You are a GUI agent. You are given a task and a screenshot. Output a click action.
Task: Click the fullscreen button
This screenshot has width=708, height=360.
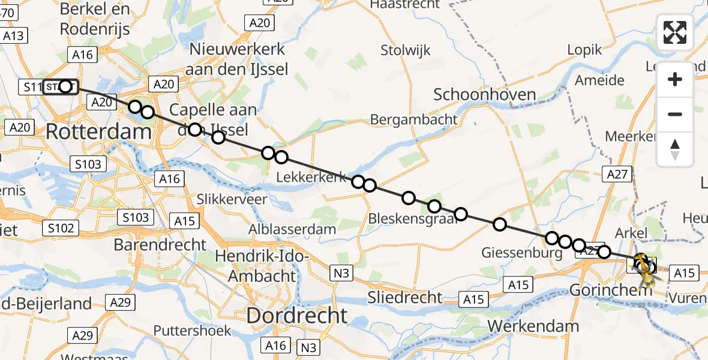pos(675,32)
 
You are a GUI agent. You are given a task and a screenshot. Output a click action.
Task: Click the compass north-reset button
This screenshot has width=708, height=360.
pos(675,149)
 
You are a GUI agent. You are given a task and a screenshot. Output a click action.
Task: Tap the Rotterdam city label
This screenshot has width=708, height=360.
pos(98,131)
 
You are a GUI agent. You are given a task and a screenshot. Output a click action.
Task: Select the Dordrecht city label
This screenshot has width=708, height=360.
pos(296,316)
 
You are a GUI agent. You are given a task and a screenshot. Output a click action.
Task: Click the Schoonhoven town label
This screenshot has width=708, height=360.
pos(484,94)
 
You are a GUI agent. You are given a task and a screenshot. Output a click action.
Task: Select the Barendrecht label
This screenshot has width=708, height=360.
pos(160,245)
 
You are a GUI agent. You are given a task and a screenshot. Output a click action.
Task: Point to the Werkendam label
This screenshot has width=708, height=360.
pos(534,326)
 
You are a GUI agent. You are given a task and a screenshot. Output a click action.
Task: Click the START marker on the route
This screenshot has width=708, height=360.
pos(61,87)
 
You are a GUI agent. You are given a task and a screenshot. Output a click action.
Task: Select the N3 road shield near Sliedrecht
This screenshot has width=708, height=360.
pos(341,274)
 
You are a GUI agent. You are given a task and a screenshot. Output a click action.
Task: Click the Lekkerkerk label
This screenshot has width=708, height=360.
pos(311,177)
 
